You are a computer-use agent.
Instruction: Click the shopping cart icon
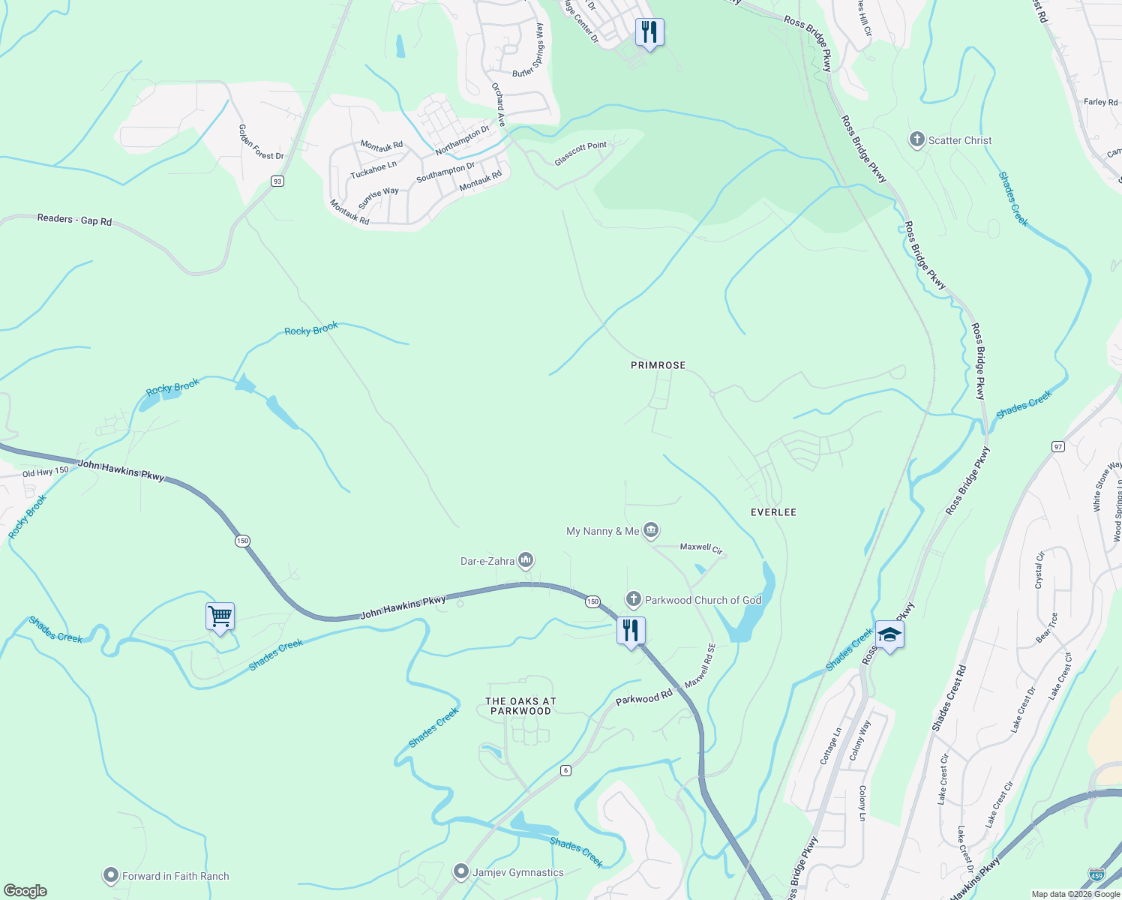coord(220,617)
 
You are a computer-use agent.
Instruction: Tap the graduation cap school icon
coord(889,635)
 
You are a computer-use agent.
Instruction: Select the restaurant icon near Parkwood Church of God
coord(631,630)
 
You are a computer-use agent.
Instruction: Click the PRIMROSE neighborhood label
coord(658,365)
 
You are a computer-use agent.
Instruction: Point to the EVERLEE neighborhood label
coord(773,512)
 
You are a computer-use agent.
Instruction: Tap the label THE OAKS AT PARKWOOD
coord(520,706)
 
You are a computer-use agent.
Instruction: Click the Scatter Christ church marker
coord(916,139)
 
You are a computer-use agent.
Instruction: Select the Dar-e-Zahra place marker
coord(526,560)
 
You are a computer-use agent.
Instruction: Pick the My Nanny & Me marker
coord(651,531)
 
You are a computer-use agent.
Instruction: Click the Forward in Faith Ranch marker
coord(111,875)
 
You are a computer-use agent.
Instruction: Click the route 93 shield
coord(277,181)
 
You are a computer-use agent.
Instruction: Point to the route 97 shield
coord(1058,446)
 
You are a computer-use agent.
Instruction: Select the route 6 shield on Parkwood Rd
coord(565,770)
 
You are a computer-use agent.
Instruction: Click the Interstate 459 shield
coord(1096,875)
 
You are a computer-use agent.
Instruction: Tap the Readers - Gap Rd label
coord(74,220)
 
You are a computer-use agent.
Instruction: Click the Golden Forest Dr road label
coord(261,142)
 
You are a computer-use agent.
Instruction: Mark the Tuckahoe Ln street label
coord(373,170)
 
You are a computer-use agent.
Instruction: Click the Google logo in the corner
coord(25,891)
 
